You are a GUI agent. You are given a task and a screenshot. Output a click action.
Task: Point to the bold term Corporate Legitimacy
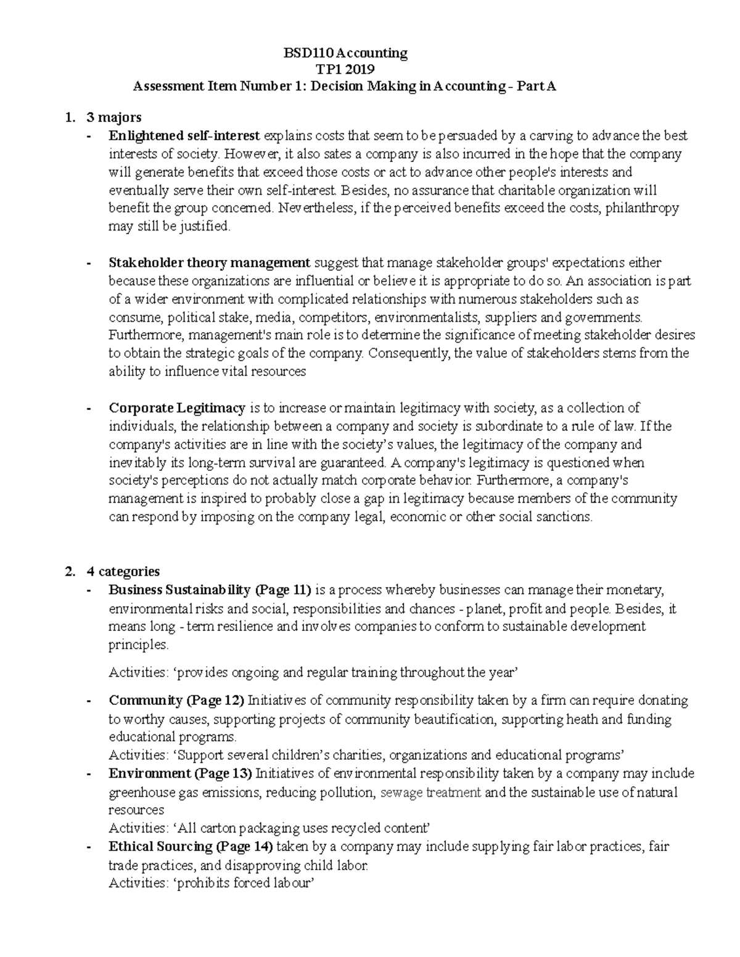(177, 408)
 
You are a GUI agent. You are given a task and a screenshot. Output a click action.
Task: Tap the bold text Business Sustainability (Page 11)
(210, 590)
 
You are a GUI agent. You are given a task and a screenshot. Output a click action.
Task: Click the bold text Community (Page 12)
(176, 701)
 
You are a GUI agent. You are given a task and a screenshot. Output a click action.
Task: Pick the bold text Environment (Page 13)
(180, 773)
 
